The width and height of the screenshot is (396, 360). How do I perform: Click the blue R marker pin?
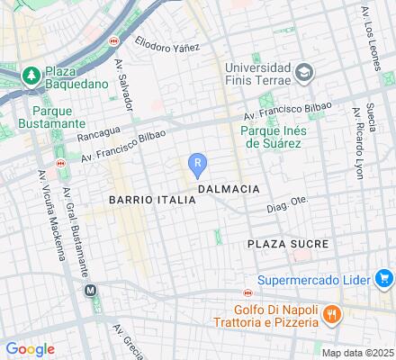tap(198, 164)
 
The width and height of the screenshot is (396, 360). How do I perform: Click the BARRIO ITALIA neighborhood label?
tap(151, 199)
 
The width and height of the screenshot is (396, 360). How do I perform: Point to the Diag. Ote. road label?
tap(286, 205)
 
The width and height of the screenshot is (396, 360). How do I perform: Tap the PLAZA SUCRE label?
tap(287, 244)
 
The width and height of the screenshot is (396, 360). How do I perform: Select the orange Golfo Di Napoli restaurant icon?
tap(331, 313)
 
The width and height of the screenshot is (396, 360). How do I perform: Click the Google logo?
tap(30, 349)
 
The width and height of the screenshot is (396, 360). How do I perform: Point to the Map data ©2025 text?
tap(358, 353)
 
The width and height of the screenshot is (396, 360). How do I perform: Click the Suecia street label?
tap(347, 118)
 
